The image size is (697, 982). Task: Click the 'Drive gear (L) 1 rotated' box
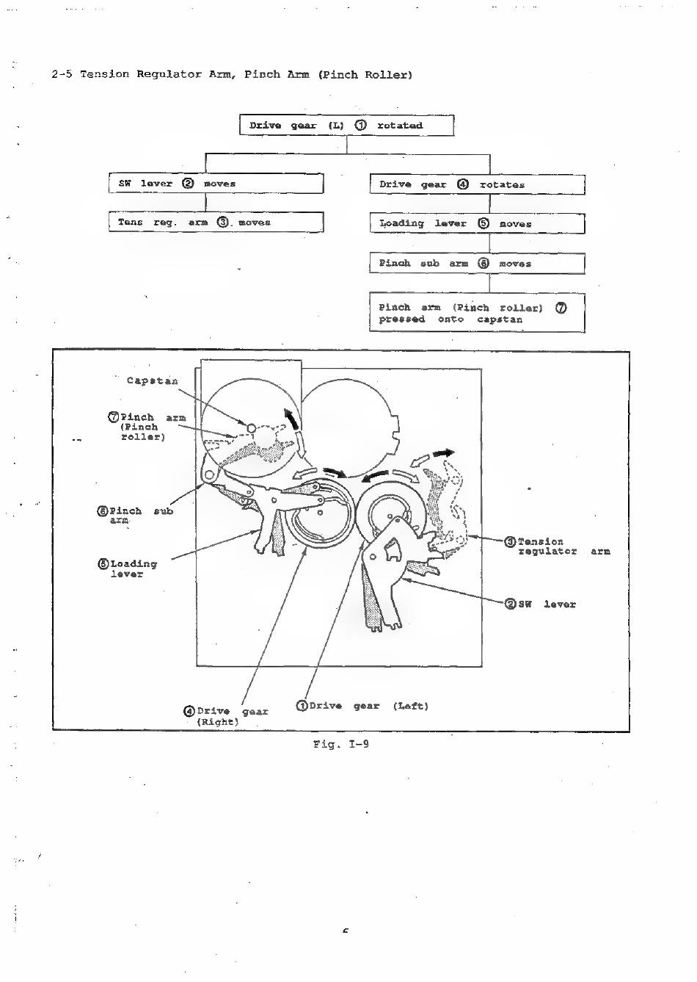[346, 126]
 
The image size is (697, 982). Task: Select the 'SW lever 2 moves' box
[216, 184]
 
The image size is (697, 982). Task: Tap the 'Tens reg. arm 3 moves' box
[216, 222]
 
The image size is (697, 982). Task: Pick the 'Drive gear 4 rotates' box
[477, 184]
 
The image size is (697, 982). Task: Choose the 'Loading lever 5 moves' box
[477, 223]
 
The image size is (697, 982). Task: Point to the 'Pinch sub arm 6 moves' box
[477, 263]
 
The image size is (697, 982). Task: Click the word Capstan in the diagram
[152, 380]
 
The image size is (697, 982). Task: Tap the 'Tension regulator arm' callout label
[561, 546]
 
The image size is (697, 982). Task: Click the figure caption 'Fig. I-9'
[340, 744]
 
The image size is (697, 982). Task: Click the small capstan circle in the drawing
[251, 427]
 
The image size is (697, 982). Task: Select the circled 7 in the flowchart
[561, 308]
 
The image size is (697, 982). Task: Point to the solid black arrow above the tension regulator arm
[443, 453]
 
